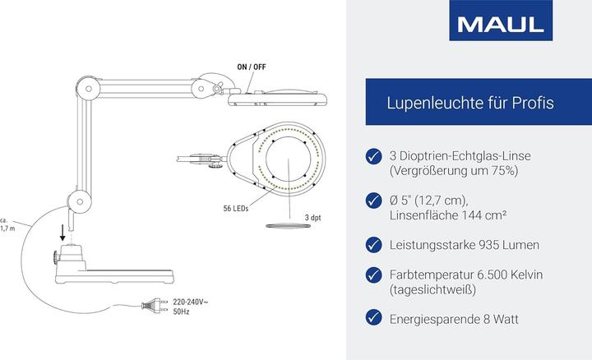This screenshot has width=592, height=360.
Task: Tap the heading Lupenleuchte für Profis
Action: coord(469,103)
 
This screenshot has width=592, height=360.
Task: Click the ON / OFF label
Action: coord(252,67)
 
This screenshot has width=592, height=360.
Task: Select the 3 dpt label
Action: coord(312,217)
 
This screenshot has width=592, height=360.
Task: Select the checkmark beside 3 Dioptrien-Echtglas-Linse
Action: coord(373,155)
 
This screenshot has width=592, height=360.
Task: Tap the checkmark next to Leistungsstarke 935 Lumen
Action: coord(373,244)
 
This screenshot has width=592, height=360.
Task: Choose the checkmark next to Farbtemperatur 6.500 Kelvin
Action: coord(373,275)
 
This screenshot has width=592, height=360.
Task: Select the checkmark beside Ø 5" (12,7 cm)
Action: coord(373,199)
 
